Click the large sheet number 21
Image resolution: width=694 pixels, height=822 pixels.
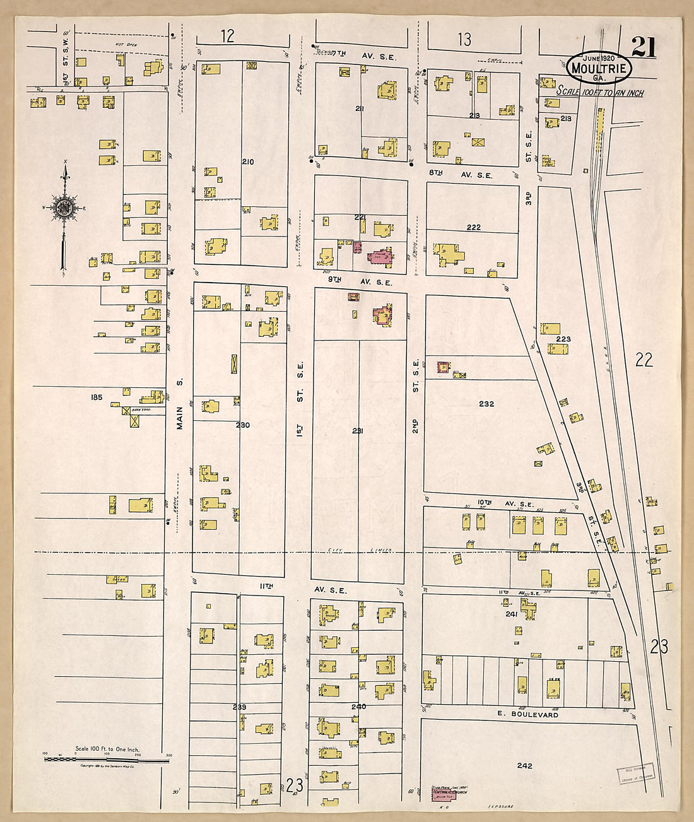(x=643, y=47)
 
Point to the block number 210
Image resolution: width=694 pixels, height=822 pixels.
(x=248, y=162)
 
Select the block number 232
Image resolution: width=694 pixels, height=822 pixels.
(x=486, y=404)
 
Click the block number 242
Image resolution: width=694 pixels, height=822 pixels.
(x=524, y=765)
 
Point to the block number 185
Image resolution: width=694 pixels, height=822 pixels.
(x=96, y=397)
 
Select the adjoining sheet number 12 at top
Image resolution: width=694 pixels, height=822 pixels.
(x=228, y=36)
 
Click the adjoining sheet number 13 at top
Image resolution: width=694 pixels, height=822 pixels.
(x=464, y=40)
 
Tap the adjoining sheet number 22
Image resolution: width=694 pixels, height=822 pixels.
(x=644, y=360)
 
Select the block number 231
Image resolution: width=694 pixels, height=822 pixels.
(x=358, y=431)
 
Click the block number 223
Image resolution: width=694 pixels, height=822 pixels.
(x=563, y=339)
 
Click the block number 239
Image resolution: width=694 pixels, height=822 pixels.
(x=239, y=707)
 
